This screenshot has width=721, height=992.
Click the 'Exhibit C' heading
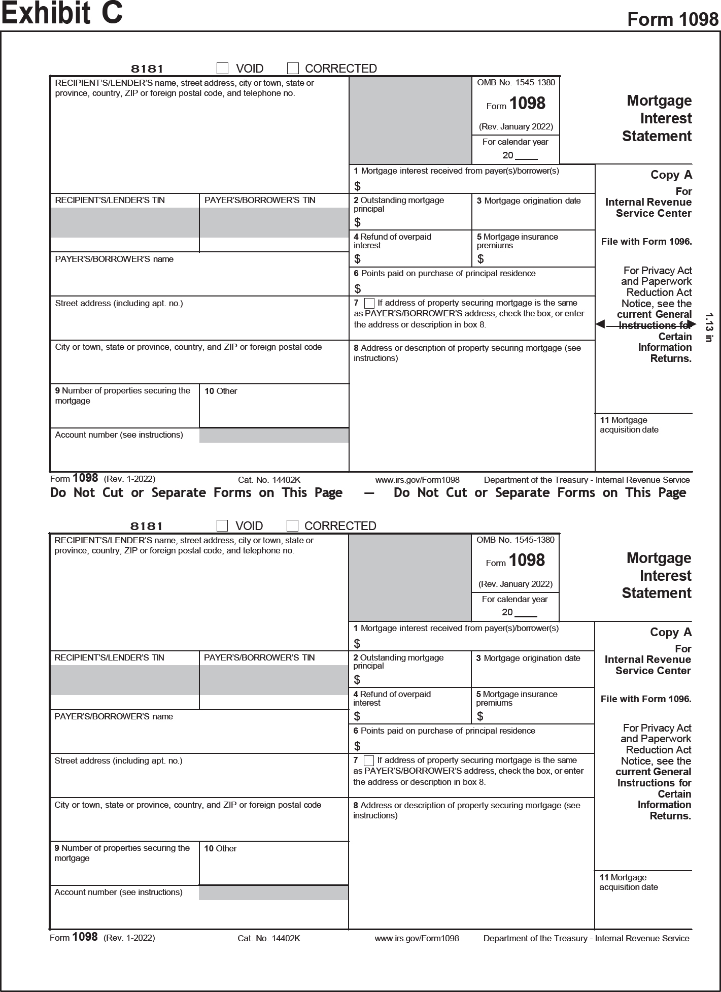(62, 13)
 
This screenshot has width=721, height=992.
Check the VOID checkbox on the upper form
(222, 68)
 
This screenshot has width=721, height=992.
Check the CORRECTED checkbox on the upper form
(293, 68)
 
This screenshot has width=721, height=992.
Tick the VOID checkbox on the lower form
(222, 525)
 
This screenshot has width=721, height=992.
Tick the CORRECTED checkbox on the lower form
(292, 525)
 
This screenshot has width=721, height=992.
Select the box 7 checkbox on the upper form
(369, 303)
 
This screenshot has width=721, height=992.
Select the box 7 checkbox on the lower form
(369, 760)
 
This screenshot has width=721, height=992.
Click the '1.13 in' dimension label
(709, 327)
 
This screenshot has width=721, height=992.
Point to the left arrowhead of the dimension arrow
(600, 324)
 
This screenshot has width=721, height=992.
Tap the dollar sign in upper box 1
(357, 186)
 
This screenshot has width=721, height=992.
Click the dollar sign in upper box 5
(480, 259)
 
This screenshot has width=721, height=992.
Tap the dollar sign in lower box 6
(357, 746)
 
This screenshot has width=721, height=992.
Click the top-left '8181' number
(147, 69)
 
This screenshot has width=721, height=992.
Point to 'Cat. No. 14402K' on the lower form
(268, 938)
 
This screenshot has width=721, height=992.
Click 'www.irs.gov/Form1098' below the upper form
(417, 480)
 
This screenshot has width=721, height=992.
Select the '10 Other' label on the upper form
(221, 391)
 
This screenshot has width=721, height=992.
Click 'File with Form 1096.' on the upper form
(646, 242)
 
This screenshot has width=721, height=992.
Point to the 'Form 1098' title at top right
(673, 19)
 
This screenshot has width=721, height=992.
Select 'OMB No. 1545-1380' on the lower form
(515, 540)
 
